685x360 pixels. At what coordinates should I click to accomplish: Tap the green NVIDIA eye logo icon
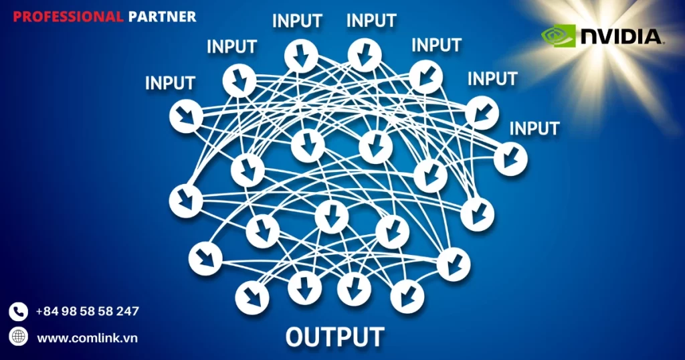click(x=558, y=36)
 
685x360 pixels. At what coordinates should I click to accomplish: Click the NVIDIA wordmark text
click(x=621, y=36)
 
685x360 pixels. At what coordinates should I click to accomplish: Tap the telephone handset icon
click(x=18, y=311)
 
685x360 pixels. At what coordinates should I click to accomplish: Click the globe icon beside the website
click(x=18, y=336)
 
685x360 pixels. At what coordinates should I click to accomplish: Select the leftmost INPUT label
click(x=170, y=83)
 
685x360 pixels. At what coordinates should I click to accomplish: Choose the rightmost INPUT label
click(x=534, y=127)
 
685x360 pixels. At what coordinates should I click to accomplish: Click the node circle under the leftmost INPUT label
click(x=185, y=116)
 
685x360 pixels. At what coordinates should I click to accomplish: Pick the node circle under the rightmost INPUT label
click(x=511, y=159)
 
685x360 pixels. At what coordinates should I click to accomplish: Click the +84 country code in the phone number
click(x=47, y=311)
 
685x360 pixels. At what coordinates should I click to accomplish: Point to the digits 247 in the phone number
click(x=126, y=311)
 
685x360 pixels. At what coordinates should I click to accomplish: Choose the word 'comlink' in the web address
click(x=95, y=338)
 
